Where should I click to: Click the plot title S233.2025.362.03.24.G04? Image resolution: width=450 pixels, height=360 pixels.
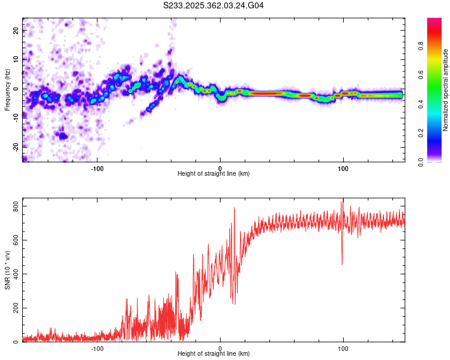pyautogui.click(x=214, y=6)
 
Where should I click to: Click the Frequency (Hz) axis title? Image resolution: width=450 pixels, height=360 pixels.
pyautogui.click(x=7, y=90)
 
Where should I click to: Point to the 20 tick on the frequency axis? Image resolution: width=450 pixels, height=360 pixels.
pyautogui.click(x=16, y=31)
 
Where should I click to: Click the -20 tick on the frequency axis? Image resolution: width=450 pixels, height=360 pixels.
pyautogui.click(x=15, y=146)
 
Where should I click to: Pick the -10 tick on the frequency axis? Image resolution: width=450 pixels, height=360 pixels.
pyautogui.click(x=15, y=118)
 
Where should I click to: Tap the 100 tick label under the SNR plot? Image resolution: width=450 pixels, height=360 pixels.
pyautogui.click(x=343, y=347)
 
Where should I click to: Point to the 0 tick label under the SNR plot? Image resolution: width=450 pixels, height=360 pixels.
pyautogui.click(x=220, y=347)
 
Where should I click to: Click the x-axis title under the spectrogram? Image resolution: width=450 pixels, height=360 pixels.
pyautogui.click(x=214, y=174)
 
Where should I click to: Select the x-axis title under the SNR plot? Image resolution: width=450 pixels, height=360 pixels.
pyautogui.click(x=214, y=354)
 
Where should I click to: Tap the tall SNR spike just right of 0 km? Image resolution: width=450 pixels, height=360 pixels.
pyautogui.click(x=234, y=209)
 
